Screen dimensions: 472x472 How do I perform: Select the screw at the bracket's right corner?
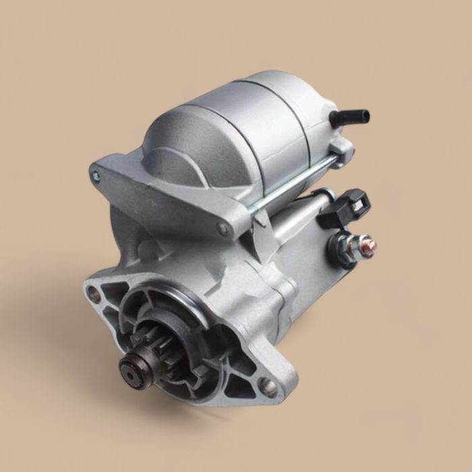click(223, 229)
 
